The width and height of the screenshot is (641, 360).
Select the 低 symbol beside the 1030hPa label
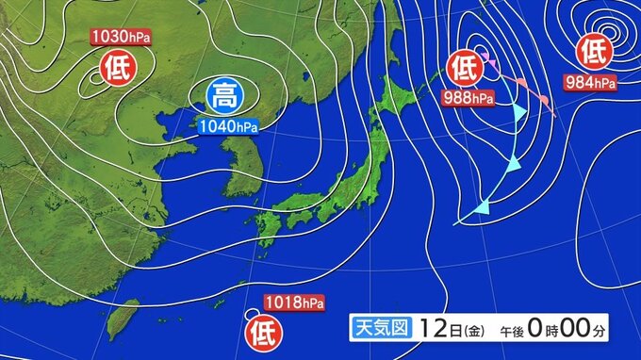[x=114, y=67]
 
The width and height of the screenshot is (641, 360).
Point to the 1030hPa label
[x=121, y=37]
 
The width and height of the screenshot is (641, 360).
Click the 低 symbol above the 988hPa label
[x=464, y=67]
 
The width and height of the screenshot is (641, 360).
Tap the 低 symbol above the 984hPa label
[x=593, y=49]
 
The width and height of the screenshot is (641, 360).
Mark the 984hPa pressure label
[x=591, y=81]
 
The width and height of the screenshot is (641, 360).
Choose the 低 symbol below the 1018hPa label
[x=262, y=332]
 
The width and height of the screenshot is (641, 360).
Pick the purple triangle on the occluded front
[x=492, y=64]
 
